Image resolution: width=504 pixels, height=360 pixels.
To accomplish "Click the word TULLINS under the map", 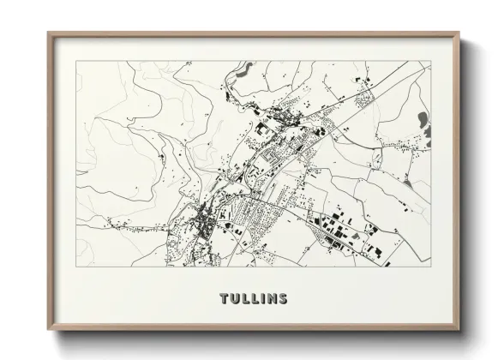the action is (x=253, y=299).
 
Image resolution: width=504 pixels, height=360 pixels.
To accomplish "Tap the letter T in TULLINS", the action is (x=225, y=299).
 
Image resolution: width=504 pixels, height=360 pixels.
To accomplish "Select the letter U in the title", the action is (x=234, y=299).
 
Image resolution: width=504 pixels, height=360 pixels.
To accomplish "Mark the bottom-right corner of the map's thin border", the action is (x=431, y=267).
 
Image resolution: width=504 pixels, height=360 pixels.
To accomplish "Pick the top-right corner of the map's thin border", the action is (x=431, y=62).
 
